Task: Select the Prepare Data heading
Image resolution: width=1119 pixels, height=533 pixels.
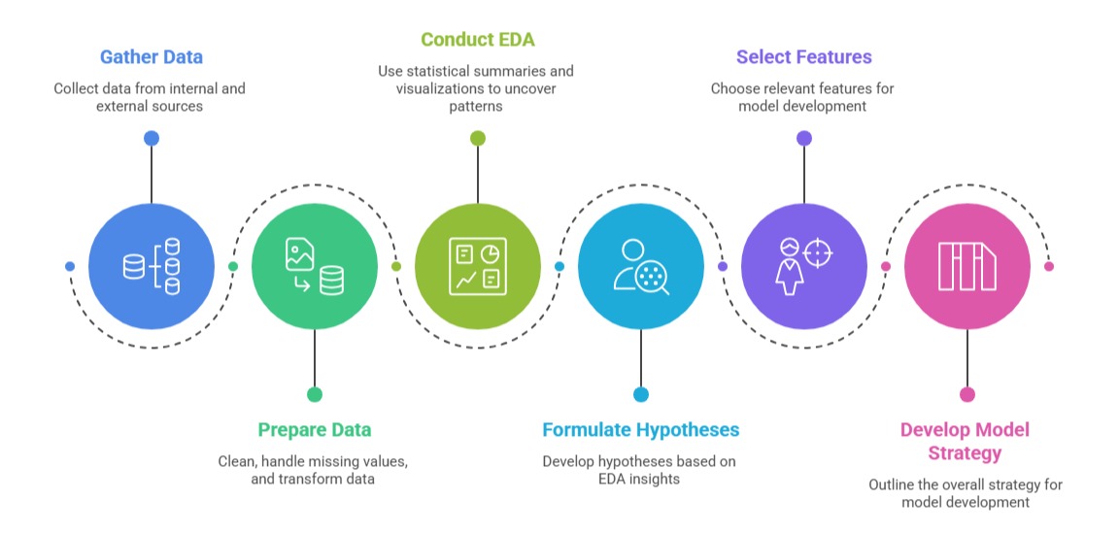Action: click(x=314, y=429)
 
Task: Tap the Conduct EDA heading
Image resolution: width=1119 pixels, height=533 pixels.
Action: click(x=477, y=40)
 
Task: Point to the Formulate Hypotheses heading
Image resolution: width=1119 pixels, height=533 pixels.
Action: click(x=640, y=429)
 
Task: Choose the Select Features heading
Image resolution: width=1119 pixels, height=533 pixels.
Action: click(x=803, y=56)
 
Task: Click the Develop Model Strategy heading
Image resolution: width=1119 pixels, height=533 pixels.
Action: click(x=965, y=441)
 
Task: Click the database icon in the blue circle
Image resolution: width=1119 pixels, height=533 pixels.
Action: click(x=152, y=266)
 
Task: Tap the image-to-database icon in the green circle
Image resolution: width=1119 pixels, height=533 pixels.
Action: click(x=315, y=266)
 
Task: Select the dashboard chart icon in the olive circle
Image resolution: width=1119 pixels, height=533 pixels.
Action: click(x=478, y=266)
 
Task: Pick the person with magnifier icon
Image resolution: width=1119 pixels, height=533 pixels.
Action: click(x=641, y=266)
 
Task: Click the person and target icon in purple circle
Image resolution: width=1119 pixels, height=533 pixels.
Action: click(x=804, y=266)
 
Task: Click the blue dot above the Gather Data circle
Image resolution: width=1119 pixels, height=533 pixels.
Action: click(x=152, y=138)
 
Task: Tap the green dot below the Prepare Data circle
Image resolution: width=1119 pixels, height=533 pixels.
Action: click(x=315, y=394)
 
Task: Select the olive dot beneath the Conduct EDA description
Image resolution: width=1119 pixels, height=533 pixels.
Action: click(x=478, y=138)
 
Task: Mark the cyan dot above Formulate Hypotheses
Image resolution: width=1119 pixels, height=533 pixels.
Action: click(x=641, y=394)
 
